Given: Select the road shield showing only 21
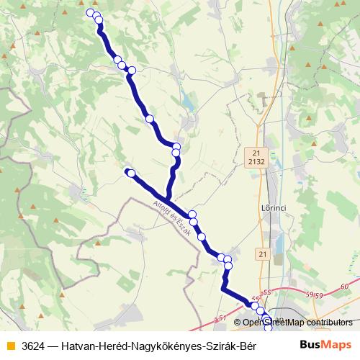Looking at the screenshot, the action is coord(261,254).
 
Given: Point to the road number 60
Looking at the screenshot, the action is coord(345,287).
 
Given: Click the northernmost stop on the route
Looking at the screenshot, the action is coord(91,13).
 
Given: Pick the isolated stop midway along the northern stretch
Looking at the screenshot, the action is coord(150,119).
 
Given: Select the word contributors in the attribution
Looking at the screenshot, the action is coord(330,323).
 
